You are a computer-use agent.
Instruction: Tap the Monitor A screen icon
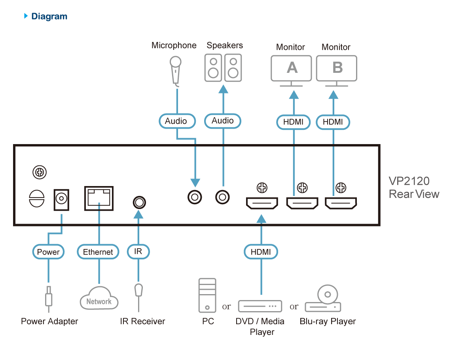click(292, 68)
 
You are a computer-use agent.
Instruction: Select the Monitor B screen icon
click(337, 68)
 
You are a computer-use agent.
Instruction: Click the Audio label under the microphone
click(176, 121)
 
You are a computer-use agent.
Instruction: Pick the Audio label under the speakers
click(223, 121)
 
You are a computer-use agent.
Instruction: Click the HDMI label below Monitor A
click(293, 122)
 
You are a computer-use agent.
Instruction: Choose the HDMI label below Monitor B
click(333, 122)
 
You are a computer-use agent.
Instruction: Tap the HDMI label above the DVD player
click(261, 252)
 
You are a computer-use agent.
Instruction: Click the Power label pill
click(48, 252)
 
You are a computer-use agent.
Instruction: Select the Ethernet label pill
click(98, 252)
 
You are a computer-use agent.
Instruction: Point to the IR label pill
click(138, 252)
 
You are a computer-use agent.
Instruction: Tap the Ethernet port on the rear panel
click(99, 198)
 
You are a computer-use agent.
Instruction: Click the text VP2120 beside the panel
click(409, 181)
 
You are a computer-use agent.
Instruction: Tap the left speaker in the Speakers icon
click(213, 68)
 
